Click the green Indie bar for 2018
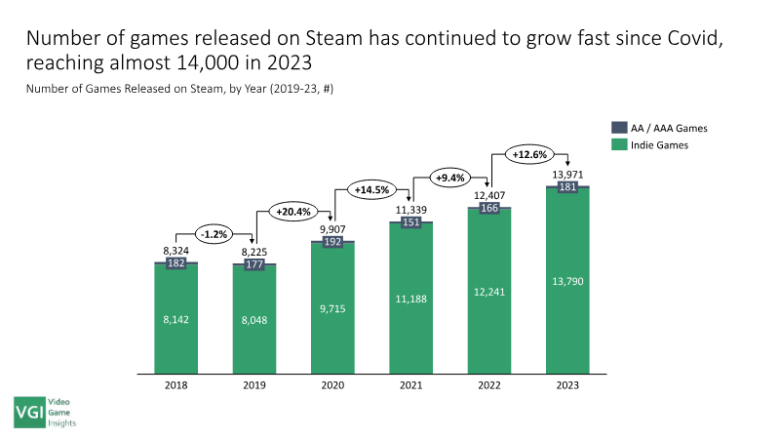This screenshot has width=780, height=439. [176, 319]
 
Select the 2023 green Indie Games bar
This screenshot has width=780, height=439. [567, 281]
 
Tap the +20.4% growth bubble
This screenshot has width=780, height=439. [293, 212]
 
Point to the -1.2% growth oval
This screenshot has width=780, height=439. [214, 234]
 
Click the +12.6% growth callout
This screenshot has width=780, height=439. [529, 154]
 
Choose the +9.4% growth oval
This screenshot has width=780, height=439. [450, 178]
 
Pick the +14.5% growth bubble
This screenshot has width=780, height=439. [371, 189]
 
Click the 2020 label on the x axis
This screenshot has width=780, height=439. [332, 385]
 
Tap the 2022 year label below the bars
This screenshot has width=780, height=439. [489, 385]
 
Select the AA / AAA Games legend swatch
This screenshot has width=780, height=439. [619, 128]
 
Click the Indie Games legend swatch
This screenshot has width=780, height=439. [619, 144]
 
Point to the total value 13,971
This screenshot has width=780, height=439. [567, 175]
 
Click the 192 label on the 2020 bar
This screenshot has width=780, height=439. [332, 242]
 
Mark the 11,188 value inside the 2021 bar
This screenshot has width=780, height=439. [410, 299]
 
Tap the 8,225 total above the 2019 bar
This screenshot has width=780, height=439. [254, 252]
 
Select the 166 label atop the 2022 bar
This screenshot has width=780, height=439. [489, 208]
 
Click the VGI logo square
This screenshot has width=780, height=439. [30, 412]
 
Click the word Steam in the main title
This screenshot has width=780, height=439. [333, 38]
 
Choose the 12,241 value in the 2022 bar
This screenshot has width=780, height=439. [489, 292]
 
